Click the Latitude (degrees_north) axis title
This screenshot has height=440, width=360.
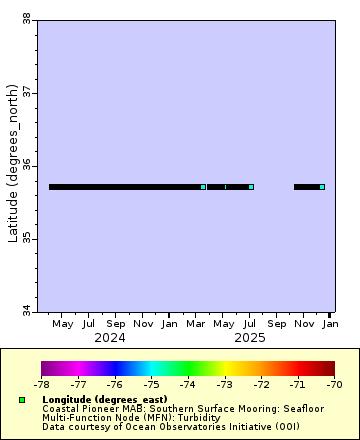12,165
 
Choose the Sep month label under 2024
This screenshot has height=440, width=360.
116,324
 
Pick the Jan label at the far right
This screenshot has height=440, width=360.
330,324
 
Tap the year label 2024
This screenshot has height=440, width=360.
110,338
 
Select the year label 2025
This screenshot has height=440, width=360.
250,338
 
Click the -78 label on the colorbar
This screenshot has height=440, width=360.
41,383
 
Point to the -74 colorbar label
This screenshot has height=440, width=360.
188,383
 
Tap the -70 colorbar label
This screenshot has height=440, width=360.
333,383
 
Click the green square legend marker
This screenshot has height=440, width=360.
22,400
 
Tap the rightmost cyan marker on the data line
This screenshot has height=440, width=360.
322,187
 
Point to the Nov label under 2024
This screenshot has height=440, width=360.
143,324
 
